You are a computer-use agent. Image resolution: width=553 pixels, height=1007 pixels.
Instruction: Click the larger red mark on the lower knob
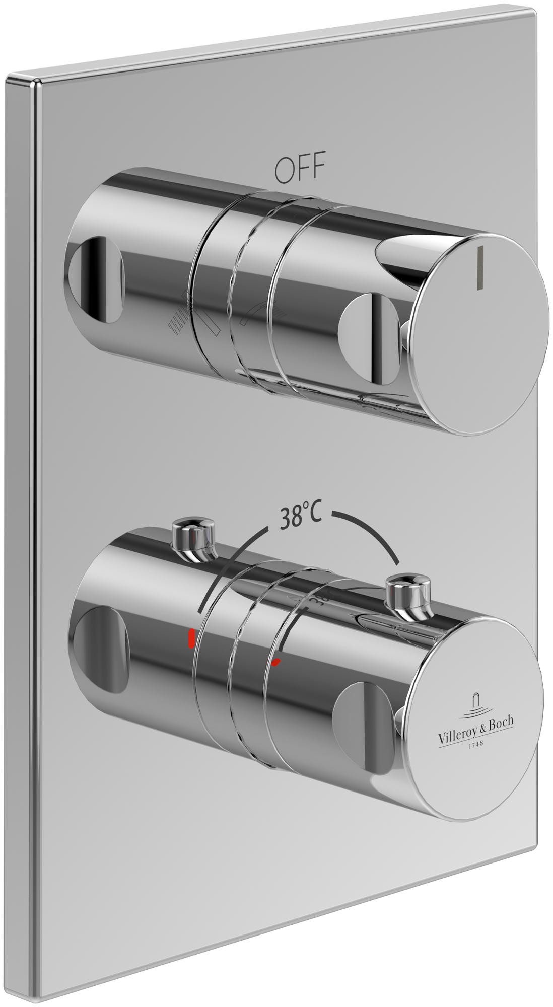click(192, 638)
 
